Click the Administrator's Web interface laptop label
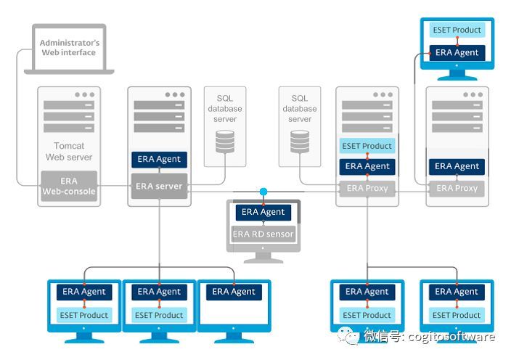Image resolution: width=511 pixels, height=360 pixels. (69, 48)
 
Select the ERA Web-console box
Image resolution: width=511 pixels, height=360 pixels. (69, 186)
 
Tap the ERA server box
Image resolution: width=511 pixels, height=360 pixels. (159, 186)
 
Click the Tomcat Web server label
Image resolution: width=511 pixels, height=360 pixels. (69, 151)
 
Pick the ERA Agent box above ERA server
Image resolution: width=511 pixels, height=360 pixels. (159, 159)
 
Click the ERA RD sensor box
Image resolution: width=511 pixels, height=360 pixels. (263, 234)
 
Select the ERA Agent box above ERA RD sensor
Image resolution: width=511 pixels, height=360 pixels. (263, 212)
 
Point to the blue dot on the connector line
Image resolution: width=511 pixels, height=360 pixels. (263, 192)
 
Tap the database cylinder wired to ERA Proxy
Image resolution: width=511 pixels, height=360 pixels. (300, 141)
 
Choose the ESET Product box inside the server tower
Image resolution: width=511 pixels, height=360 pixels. (367, 146)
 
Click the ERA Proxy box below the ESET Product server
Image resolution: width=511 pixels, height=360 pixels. (367, 188)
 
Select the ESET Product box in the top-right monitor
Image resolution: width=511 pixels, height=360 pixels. (457, 30)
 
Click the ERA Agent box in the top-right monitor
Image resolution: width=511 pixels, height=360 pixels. (457, 52)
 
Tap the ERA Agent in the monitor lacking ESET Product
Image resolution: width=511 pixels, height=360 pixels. (234, 292)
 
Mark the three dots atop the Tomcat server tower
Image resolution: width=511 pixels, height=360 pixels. (84, 94)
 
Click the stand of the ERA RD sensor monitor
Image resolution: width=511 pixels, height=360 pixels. (263, 256)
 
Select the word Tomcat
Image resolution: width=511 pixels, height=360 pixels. (69, 146)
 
